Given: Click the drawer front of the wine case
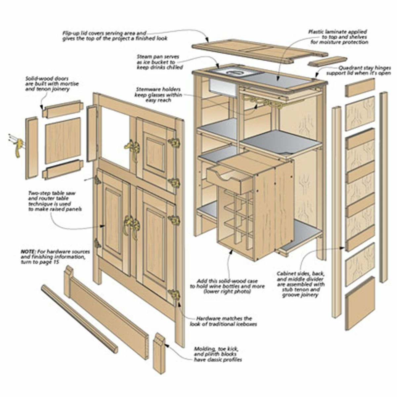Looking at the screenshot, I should [228, 180].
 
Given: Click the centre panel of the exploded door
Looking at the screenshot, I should [63, 140].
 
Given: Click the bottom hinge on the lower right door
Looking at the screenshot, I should [174, 294].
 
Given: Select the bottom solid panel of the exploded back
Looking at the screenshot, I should [360, 303].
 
